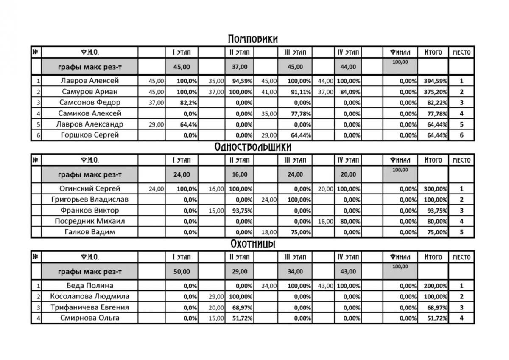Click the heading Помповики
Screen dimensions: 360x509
tap(253, 39)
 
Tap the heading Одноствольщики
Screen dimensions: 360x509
tap(253, 147)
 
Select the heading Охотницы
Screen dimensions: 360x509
tap(253, 244)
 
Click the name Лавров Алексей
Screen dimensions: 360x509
tap(89, 81)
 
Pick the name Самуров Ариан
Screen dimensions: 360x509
tap(89, 92)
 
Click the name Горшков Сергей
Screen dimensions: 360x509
tap(89, 135)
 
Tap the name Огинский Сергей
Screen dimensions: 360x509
tap(89, 189)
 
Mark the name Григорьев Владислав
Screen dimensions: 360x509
tap(89, 200)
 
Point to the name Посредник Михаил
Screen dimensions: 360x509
tap(89, 221)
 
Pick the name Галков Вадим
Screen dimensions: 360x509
tap(89, 232)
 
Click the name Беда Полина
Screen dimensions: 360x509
tap(89, 286)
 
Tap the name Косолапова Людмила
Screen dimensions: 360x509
tap(89, 297)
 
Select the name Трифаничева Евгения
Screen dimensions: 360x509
tap(89, 307)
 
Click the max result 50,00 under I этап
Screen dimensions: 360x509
tap(182, 271)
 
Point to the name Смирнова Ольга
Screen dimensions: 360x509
tap(89, 318)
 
